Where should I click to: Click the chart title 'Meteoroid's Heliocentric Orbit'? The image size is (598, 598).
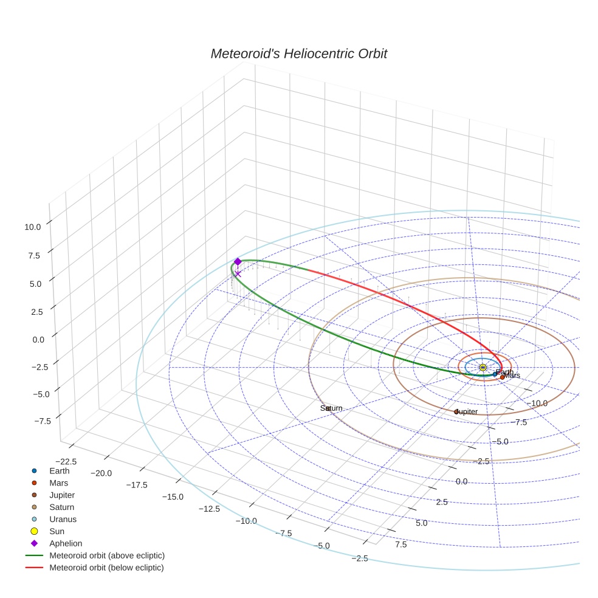[x=298, y=53]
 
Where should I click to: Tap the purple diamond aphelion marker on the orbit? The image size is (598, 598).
[x=238, y=261]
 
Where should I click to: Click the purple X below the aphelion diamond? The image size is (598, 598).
[x=238, y=273]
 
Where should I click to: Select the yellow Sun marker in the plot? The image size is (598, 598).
[x=483, y=368]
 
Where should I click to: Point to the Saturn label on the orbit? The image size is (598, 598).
[x=331, y=408]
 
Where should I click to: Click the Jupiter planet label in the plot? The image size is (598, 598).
[x=466, y=411]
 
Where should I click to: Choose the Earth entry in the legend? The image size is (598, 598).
[x=59, y=470]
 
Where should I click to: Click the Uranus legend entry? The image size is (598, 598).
[x=63, y=519]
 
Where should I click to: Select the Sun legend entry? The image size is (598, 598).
[x=57, y=531]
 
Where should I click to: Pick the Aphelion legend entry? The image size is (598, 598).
[x=65, y=543]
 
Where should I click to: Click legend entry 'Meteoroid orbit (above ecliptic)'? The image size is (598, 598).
[x=107, y=555]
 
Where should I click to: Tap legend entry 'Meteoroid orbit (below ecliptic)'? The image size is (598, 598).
[x=106, y=568]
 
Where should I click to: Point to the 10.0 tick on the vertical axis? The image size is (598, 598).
[x=32, y=227]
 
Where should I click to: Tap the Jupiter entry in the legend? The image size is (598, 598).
[x=62, y=495]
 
